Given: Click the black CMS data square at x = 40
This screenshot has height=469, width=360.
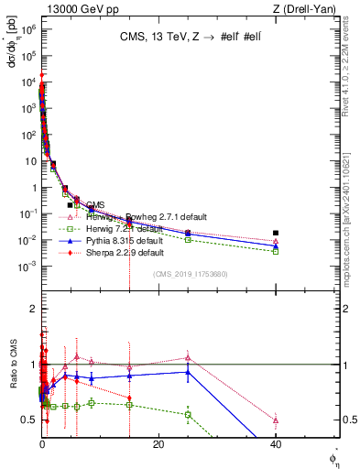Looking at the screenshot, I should point(276,233).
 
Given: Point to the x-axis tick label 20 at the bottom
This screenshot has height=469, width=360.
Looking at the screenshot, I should point(158,444).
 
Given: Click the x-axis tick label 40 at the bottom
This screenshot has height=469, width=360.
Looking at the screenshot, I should point(276,444).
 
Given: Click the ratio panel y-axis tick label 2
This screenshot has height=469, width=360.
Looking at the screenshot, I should point(31,309).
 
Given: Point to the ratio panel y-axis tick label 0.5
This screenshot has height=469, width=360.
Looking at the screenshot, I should point(28,420).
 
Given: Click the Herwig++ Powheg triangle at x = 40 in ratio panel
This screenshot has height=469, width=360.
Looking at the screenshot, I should point(276,420).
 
